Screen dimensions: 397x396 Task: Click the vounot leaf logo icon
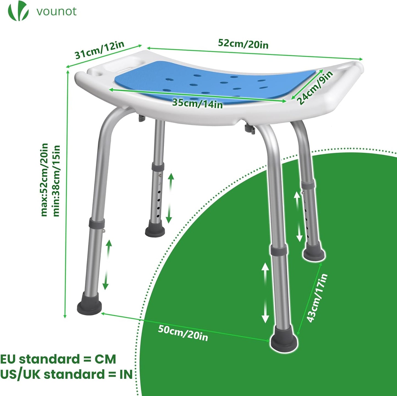[x=18, y=11]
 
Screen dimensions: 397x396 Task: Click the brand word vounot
[x=57, y=12]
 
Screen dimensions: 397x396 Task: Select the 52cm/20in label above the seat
[x=243, y=44]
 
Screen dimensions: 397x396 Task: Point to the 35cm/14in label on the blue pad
[x=198, y=103]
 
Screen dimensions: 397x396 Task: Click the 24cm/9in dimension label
[x=315, y=88]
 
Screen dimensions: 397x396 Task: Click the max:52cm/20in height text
[x=45, y=180]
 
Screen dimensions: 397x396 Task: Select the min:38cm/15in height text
[x=57, y=181]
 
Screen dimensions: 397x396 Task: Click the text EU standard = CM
[x=58, y=359]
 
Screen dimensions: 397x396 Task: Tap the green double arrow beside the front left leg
[x=107, y=265]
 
